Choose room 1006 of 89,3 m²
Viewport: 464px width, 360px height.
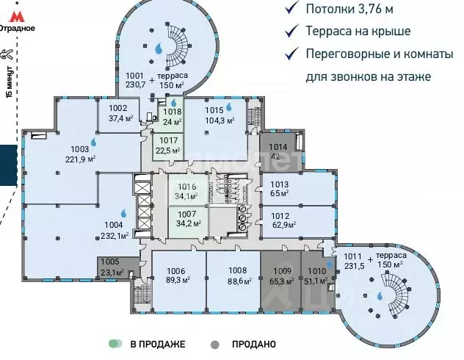click(x=177, y=275)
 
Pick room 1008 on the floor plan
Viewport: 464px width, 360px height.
click(x=233, y=275)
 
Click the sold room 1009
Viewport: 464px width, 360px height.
click(x=280, y=275)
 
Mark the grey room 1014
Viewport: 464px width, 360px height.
click(x=276, y=151)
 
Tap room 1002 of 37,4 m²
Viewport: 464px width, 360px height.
click(x=119, y=113)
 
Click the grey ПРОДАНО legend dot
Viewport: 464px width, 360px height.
click(x=214, y=344)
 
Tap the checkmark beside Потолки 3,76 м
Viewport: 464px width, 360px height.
click(x=293, y=9)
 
